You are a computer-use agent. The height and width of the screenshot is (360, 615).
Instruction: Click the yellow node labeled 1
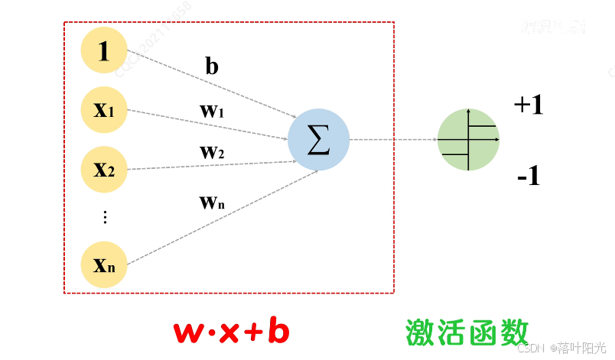(x=104, y=51)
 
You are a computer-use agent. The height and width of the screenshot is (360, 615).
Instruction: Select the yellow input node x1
(x=104, y=110)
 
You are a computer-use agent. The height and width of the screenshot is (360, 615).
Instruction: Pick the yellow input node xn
(x=104, y=265)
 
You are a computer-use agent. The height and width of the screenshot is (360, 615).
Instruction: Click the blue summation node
(x=318, y=141)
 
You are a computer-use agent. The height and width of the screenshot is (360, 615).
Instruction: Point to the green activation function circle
(x=468, y=140)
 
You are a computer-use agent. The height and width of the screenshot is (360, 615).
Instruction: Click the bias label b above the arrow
(x=212, y=66)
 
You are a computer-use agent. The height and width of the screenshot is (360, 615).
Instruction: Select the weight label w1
(x=212, y=111)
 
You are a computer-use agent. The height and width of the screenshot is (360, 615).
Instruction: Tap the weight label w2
(x=212, y=152)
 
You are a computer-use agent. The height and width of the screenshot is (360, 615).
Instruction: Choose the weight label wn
(x=212, y=203)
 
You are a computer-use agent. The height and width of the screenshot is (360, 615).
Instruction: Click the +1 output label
(x=529, y=105)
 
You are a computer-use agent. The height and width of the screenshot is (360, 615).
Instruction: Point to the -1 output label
(x=529, y=177)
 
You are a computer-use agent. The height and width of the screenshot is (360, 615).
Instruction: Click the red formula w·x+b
(x=232, y=332)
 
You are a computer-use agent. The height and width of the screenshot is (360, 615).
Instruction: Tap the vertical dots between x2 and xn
(x=105, y=217)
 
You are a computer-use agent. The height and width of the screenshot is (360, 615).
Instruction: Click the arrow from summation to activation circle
(x=392, y=140)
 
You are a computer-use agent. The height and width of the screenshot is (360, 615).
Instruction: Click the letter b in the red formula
(x=278, y=332)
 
